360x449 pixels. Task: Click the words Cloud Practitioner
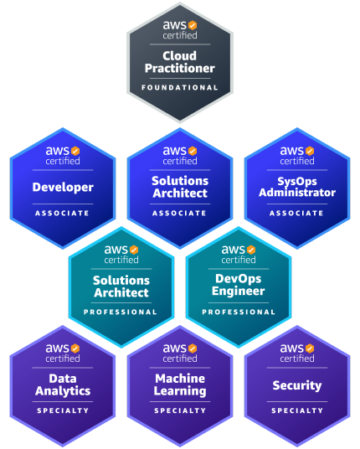(180, 62)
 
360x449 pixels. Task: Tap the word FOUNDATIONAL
(180, 88)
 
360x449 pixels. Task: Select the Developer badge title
(63, 188)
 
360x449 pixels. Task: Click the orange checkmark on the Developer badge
(75, 151)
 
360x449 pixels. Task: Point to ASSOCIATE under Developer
(63, 213)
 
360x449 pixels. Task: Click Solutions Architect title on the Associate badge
(180, 187)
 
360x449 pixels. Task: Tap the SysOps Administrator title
(297, 187)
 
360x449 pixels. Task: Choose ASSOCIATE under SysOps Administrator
(296, 213)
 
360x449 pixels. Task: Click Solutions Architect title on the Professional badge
(121, 286)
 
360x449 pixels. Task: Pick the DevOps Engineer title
(239, 285)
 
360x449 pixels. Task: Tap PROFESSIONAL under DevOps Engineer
(239, 312)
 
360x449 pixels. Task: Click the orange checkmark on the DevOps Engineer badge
(251, 250)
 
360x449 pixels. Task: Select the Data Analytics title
(63, 385)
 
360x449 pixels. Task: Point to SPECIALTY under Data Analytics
(63, 410)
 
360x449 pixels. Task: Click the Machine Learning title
(180, 385)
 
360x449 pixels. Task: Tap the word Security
(297, 385)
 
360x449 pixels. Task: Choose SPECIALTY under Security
(297, 410)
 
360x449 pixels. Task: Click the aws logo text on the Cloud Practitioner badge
(175, 25)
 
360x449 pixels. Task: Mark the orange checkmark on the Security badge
(310, 348)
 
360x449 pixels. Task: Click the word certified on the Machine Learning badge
(180, 359)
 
